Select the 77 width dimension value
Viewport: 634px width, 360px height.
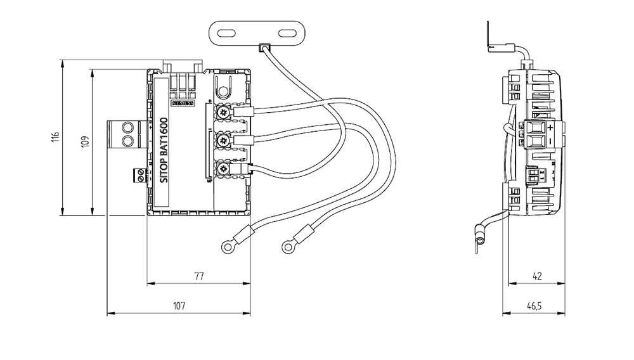click(x=198, y=276)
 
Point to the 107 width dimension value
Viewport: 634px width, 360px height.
click(x=179, y=306)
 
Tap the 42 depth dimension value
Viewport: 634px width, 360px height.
click(x=537, y=276)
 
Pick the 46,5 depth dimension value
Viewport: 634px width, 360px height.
click(x=534, y=306)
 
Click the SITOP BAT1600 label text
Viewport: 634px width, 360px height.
click(x=163, y=151)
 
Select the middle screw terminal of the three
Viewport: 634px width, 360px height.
click(x=223, y=140)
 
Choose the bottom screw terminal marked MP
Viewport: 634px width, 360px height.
click(x=223, y=169)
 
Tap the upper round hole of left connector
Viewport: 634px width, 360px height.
click(x=128, y=127)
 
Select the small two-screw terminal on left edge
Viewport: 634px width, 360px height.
click(x=139, y=175)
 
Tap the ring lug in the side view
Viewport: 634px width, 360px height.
click(x=481, y=240)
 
